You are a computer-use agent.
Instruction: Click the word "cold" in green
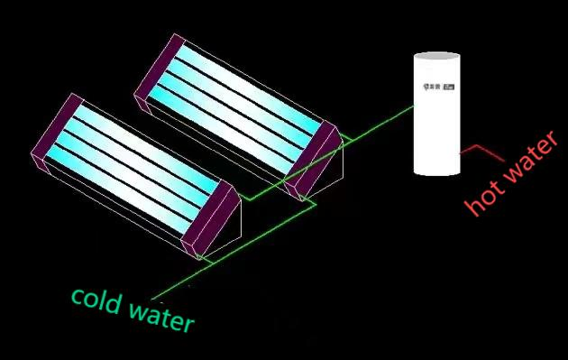[96, 300]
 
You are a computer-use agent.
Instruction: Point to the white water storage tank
[436, 117]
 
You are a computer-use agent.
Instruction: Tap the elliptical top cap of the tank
[436, 58]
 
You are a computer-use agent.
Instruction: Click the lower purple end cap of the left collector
[208, 217]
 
